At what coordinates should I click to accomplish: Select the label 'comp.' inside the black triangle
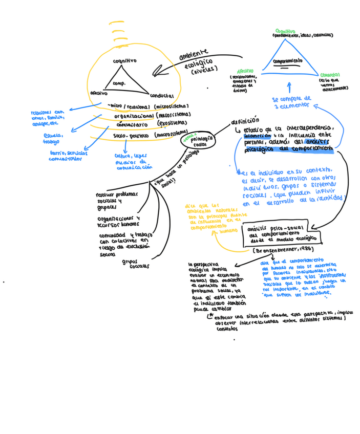click(x=119, y=83)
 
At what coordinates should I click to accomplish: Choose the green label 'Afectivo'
click(x=245, y=71)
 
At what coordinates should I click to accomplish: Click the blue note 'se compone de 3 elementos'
click(x=291, y=100)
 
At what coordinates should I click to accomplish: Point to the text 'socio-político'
click(x=131, y=136)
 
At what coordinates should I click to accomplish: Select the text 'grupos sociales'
click(x=134, y=264)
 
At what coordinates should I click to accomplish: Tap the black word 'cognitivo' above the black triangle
click(x=124, y=61)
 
